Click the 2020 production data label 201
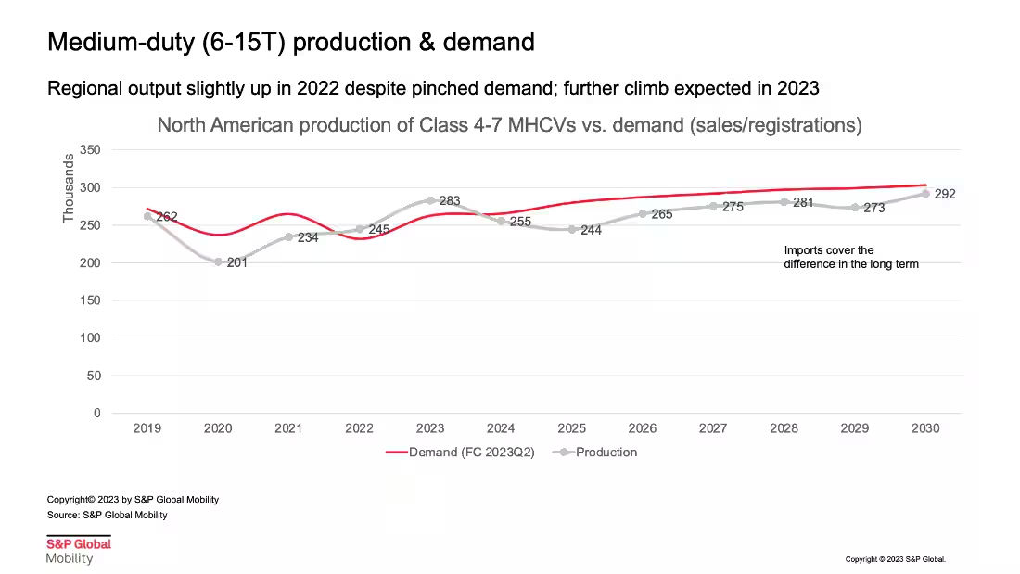pos(236,263)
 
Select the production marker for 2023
pos(430,200)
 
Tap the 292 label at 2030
pos(945,195)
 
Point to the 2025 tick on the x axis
pos(572,428)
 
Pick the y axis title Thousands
pos(69,188)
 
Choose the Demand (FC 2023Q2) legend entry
pos(460,453)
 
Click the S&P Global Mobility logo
pos(79,550)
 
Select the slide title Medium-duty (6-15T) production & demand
pos(290,42)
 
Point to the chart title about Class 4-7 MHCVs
pos(509,125)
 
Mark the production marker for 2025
pos(572,229)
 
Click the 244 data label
pos(591,231)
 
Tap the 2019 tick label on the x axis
pos(147,428)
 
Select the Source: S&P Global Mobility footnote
pos(108,515)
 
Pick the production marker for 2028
pos(784,201)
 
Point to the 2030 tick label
pos(925,428)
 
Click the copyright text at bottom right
pos(896,559)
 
